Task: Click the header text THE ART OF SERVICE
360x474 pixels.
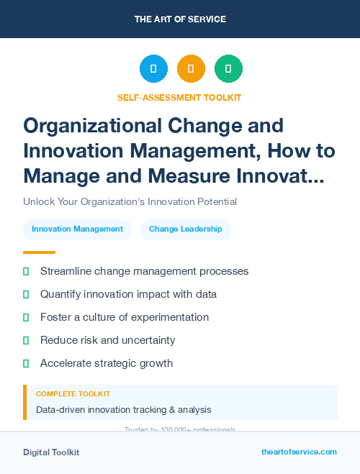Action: point(180,19)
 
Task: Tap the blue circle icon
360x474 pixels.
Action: point(153,69)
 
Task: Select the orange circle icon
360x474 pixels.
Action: point(191,69)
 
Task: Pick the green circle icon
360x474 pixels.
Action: point(228,69)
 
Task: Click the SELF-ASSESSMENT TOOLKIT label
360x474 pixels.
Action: point(179,97)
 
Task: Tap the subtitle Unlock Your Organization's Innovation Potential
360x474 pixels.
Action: point(130,201)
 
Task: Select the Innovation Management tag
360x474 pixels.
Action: point(78,229)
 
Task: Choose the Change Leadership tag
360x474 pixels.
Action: point(186,229)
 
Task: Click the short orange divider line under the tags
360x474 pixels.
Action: point(39,252)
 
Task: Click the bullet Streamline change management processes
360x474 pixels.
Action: point(144,271)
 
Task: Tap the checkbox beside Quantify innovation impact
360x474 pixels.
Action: point(27,294)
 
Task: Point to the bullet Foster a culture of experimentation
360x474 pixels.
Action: point(125,317)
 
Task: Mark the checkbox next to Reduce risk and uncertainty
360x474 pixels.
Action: point(27,340)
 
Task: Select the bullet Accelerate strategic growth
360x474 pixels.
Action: point(107,363)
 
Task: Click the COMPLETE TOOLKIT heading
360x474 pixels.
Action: point(73,394)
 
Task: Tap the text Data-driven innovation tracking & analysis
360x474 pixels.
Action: point(124,410)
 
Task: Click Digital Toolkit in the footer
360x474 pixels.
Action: point(51,452)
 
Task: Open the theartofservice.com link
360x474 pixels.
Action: point(299,452)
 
